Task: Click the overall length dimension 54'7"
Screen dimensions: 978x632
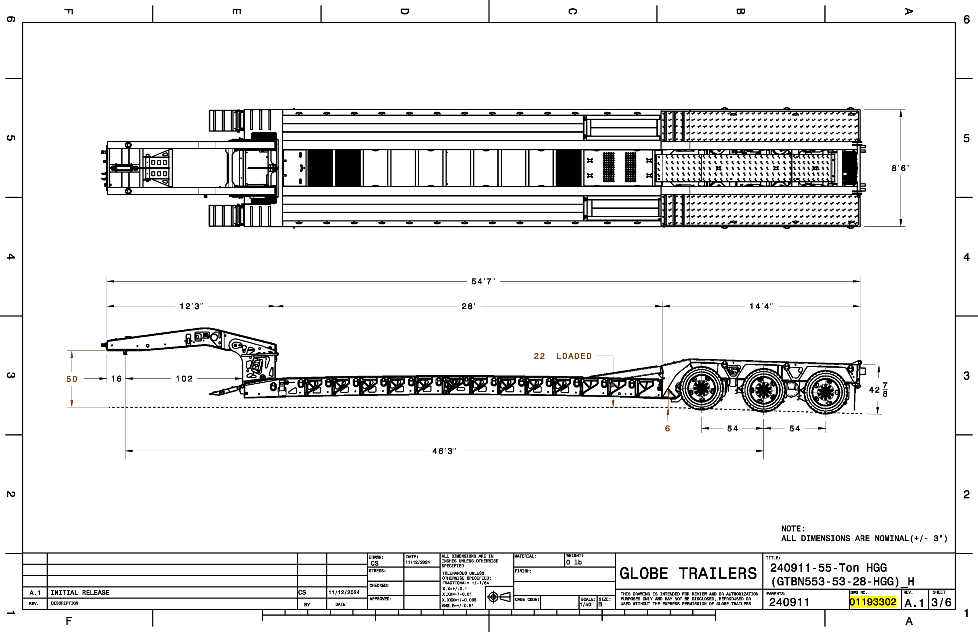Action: pos(483,282)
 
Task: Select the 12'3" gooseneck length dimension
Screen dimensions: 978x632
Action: pos(191,306)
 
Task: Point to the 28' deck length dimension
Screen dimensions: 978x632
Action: pos(469,306)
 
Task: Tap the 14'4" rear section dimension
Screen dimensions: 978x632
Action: pos(761,306)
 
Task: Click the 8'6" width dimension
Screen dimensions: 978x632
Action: pos(900,168)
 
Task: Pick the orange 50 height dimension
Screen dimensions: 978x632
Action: pos(72,379)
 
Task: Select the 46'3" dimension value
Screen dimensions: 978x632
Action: pos(444,451)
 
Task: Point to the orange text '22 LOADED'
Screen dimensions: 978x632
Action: pos(563,356)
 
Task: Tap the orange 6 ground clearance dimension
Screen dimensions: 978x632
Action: pos(667,429)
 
